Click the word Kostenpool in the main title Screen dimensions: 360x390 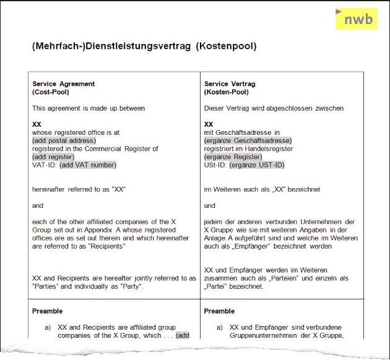point(227,46)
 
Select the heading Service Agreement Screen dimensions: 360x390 point(63,84)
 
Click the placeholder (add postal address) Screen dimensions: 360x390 point(64,140)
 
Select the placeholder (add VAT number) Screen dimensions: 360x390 point(88,165)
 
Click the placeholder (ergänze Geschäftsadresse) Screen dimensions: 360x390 point(248,140)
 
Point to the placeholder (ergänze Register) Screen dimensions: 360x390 point(233,156)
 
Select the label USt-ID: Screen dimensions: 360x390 point(215,165)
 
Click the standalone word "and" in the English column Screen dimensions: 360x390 point(38,205)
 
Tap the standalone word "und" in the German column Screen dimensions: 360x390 point(210,205)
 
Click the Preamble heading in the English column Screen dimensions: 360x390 point(48,311)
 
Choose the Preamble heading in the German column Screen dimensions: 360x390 point(219,311)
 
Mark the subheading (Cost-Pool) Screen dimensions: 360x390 point(51,92)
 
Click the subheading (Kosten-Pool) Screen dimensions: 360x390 point(226,92)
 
